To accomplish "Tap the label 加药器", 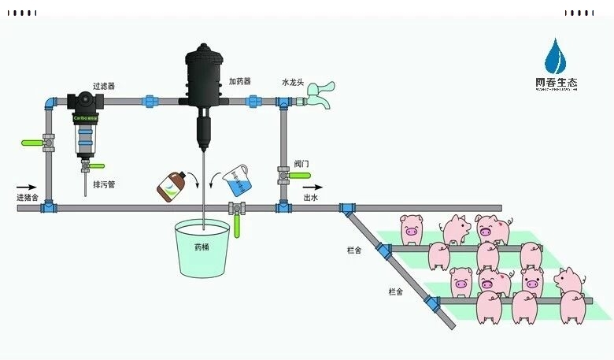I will coord(239,81).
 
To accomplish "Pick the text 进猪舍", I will coord(27,197).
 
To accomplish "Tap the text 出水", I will coord(311,198).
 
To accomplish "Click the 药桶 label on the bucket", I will coord(203,247).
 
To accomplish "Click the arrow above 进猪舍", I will coord(26,187).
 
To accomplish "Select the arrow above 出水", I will coord(312,187).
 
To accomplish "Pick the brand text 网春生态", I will coord(556,81).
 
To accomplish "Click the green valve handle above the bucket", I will coord(236,226).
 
